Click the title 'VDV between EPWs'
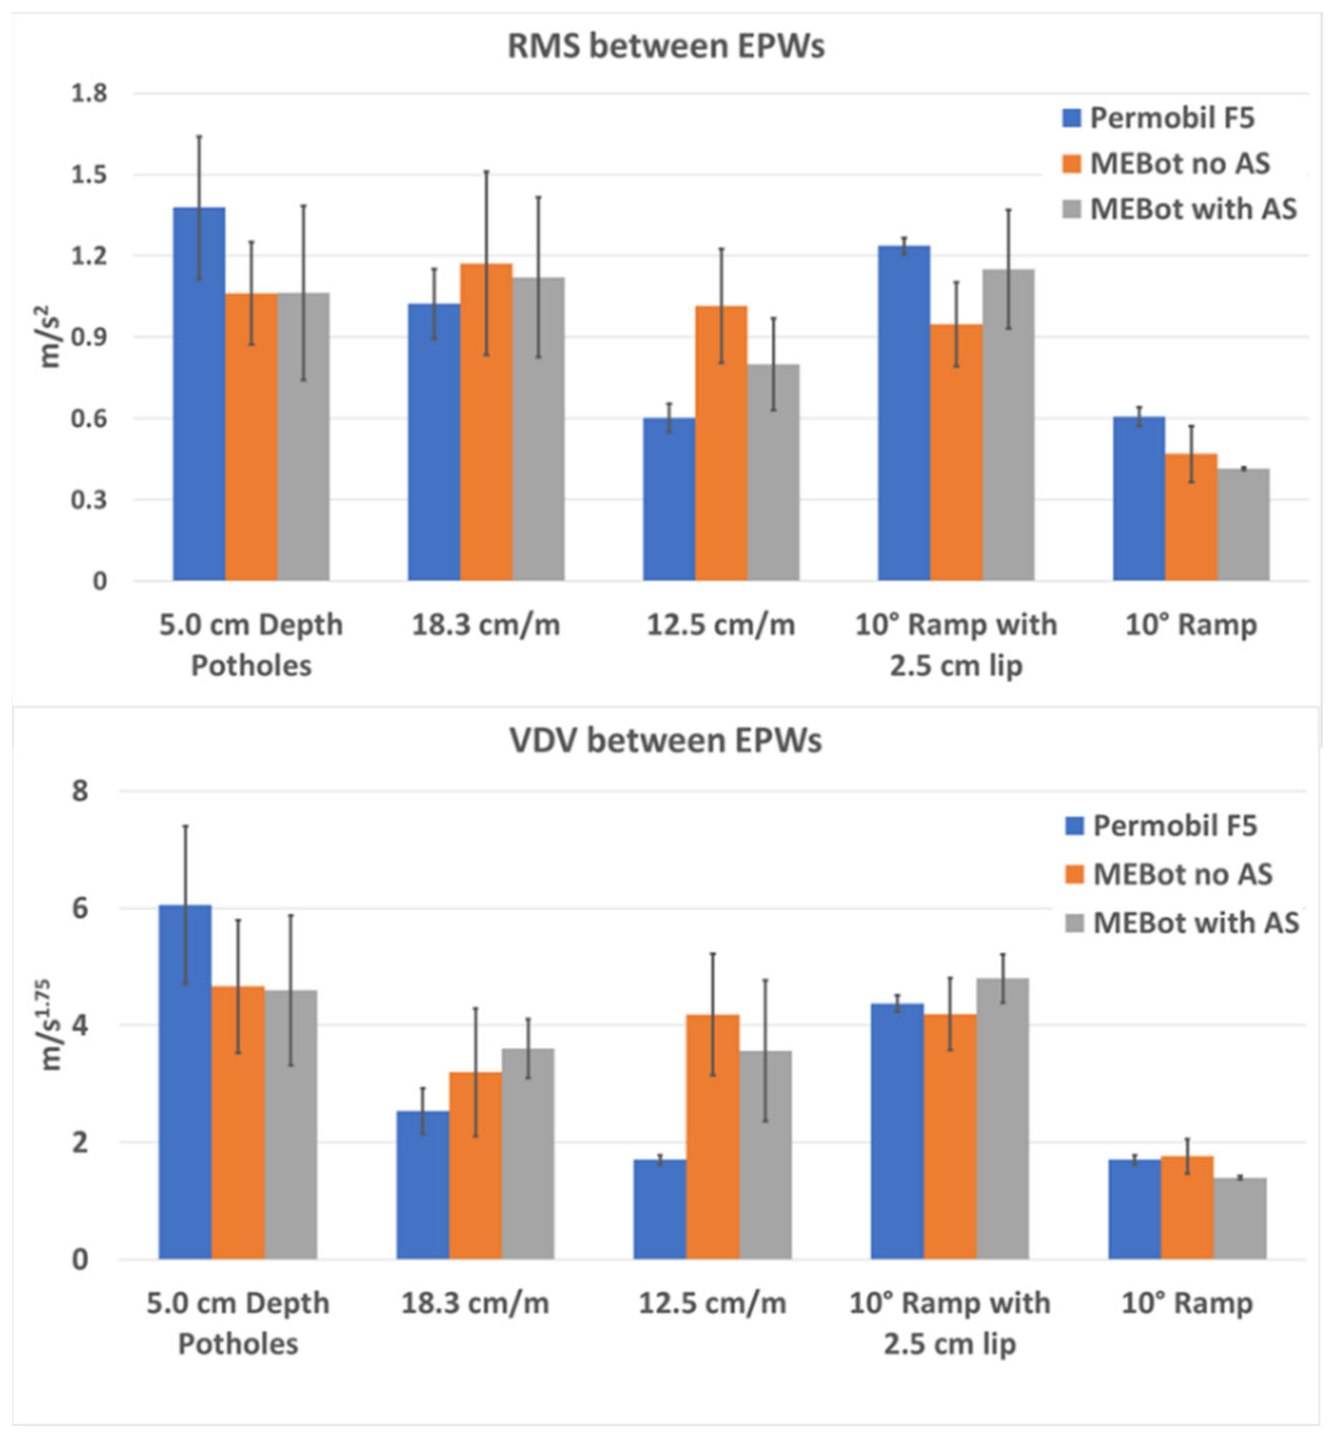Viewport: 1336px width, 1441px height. (665, 741)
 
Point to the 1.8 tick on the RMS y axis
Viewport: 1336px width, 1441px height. (89, 93)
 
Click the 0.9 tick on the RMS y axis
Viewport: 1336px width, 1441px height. (89, 337)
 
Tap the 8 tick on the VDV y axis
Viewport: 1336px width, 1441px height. (80, 791)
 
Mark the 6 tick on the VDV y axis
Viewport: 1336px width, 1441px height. (80, 908)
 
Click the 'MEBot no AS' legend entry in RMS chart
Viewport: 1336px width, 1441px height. (1178, 163)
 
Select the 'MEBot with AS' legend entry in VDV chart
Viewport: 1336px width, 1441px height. (1195, 922)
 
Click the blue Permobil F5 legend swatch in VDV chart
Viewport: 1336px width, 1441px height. (1074, 826)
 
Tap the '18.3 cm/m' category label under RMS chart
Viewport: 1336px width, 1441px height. (486, 624)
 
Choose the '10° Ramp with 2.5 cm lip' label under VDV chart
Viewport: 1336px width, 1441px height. (949, 1323)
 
